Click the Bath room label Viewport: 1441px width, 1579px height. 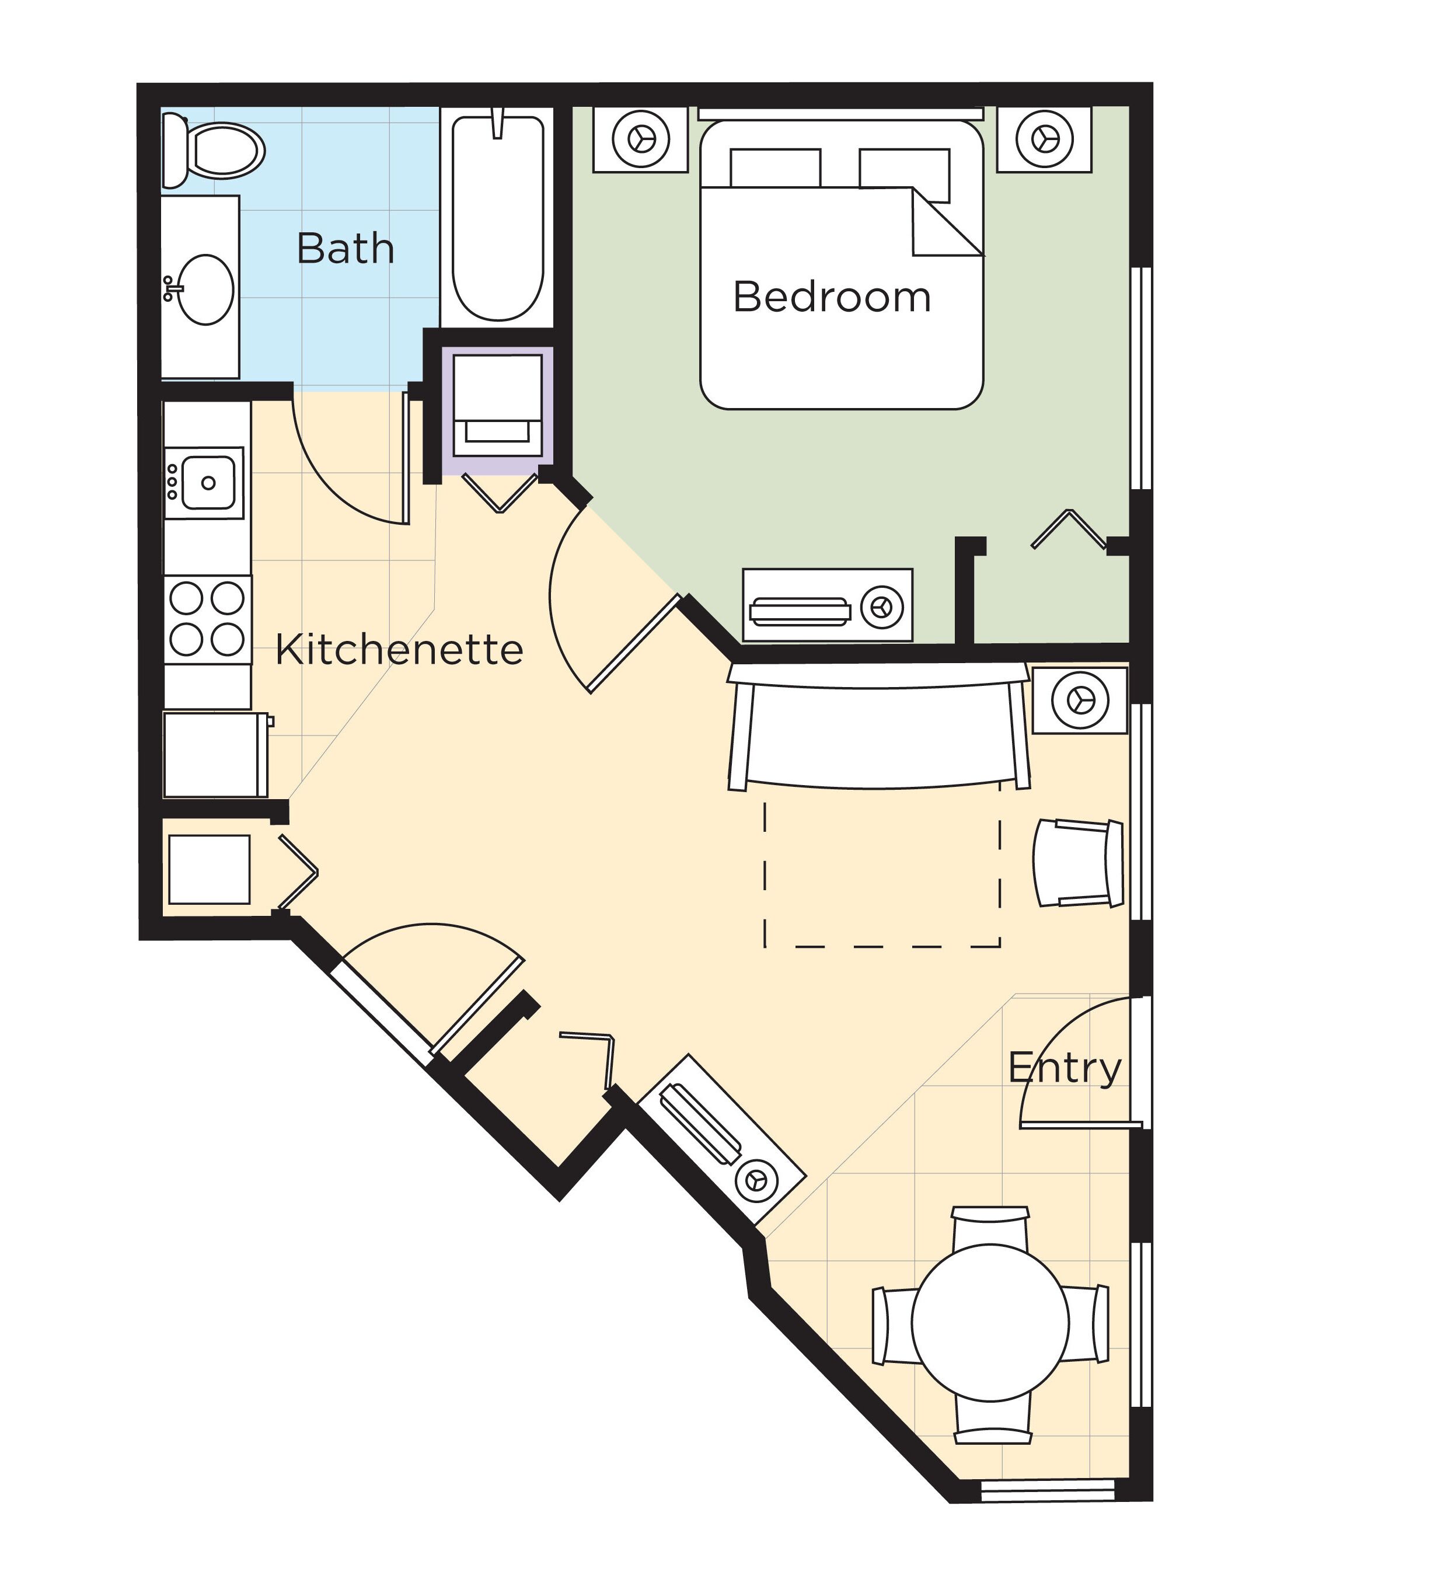click(346, 249)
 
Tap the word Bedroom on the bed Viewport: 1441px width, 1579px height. click(832, 298)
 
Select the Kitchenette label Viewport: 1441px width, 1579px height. click(399, 650)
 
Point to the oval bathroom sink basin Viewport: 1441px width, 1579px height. click(206, 289)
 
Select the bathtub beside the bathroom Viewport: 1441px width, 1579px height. click(498, 218)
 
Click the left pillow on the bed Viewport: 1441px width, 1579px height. click(774, 168)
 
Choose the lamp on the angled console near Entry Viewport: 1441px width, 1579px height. click(756, 1178)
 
